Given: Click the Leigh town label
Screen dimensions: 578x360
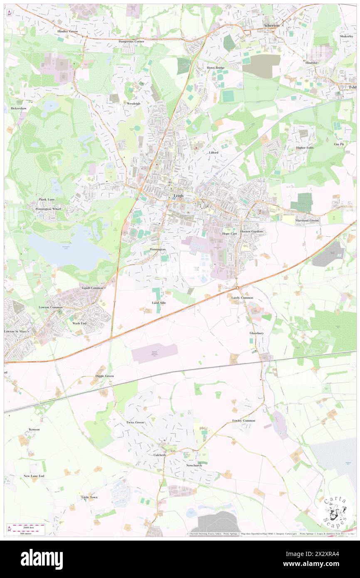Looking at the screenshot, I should [178, 196].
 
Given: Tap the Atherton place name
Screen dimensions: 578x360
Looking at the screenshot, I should [272, 25].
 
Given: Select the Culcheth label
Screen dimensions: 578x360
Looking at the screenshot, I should [157, 455].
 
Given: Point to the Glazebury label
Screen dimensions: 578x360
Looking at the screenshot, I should [256, 333].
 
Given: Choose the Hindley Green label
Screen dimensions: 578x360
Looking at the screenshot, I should [68, 32].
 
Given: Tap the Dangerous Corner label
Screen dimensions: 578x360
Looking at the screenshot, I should [131, 42].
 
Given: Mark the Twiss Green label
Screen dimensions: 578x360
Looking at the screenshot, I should [135, 422].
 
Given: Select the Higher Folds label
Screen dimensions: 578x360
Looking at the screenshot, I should [305, 148].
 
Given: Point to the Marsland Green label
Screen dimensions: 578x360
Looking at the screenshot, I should [307, 220].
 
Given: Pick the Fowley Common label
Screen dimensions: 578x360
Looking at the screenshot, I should [244, 421].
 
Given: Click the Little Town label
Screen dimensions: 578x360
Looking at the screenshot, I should [89, 497].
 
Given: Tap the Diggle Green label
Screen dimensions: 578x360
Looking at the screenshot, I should [105, 376].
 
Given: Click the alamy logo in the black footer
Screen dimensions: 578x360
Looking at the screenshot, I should [42, 559].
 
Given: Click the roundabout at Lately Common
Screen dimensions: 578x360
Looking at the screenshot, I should [237, 288].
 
